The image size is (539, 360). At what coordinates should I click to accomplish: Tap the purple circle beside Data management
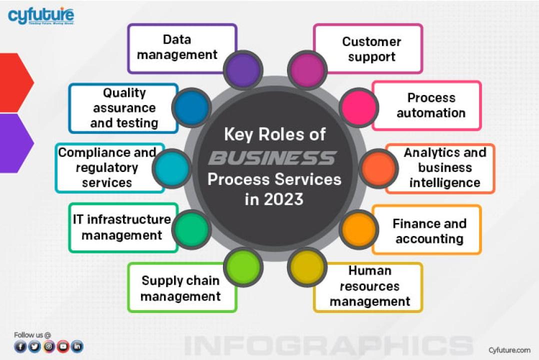click(x=242, y=70)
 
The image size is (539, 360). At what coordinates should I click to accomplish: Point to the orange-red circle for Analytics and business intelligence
click(x=378, y=168)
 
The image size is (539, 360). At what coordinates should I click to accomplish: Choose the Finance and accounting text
click(x=429, y=231)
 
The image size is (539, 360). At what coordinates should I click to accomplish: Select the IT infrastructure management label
click(x=121, y=227)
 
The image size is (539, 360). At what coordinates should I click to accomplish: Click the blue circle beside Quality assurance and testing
click(x=191, y=107)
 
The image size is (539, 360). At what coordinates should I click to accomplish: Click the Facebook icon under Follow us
click(x=20, y=346)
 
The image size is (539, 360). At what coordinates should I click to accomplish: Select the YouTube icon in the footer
click(x=63, y=346)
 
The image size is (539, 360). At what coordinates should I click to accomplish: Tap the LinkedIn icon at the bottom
click(x=77, y=346)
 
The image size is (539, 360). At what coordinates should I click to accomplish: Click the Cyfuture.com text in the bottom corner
click(x=509, y=350)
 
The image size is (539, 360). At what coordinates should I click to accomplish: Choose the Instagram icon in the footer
click(x=48, y=346)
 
